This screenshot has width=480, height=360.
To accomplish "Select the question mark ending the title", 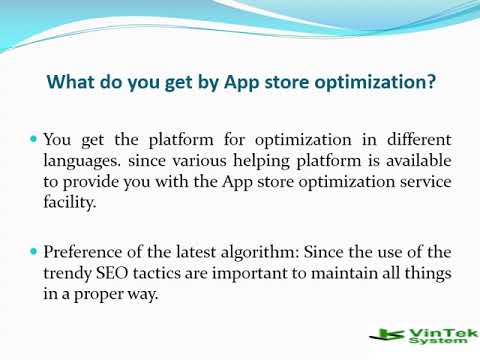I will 430,84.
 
